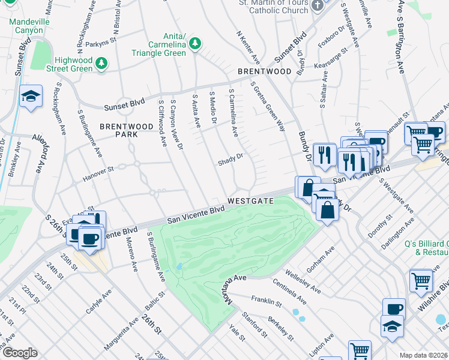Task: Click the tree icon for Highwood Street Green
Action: tap(101, 62)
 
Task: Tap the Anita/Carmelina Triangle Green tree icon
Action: tap(194, 43)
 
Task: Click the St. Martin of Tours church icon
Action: tap(318, 4)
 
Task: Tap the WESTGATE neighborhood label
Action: tap(250, 201)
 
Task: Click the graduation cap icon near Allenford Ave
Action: tap(30, 96)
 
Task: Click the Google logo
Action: tap(20, 352)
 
